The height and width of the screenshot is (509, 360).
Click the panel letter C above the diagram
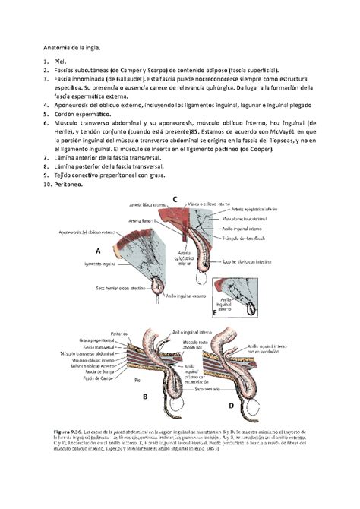[x=174, y=199]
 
